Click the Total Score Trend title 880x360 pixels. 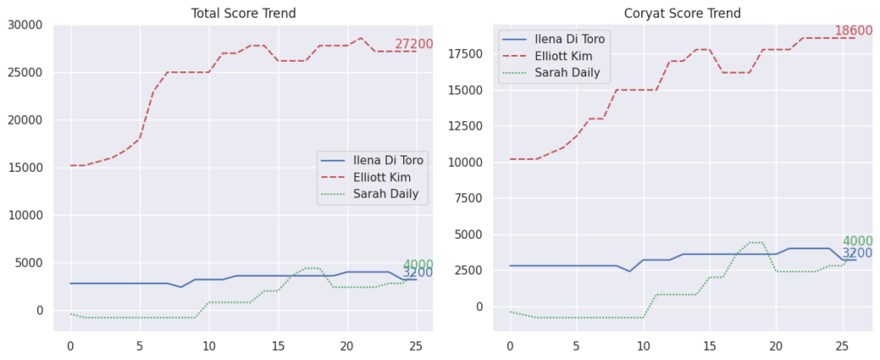point(242,13)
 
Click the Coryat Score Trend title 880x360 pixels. point(682,13)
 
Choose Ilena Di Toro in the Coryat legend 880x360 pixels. point(571,39)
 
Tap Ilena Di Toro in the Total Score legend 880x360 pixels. point(388,160)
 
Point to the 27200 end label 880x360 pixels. point(413,45)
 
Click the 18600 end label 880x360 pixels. point(853,31)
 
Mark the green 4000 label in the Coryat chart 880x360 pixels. point(857,241)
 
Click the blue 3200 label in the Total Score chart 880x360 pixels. point(418,273)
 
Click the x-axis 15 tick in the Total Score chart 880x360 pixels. point(278,345)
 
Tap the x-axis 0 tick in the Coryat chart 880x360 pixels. point(510,345)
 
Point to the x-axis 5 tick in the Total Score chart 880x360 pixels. point(139,345)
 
